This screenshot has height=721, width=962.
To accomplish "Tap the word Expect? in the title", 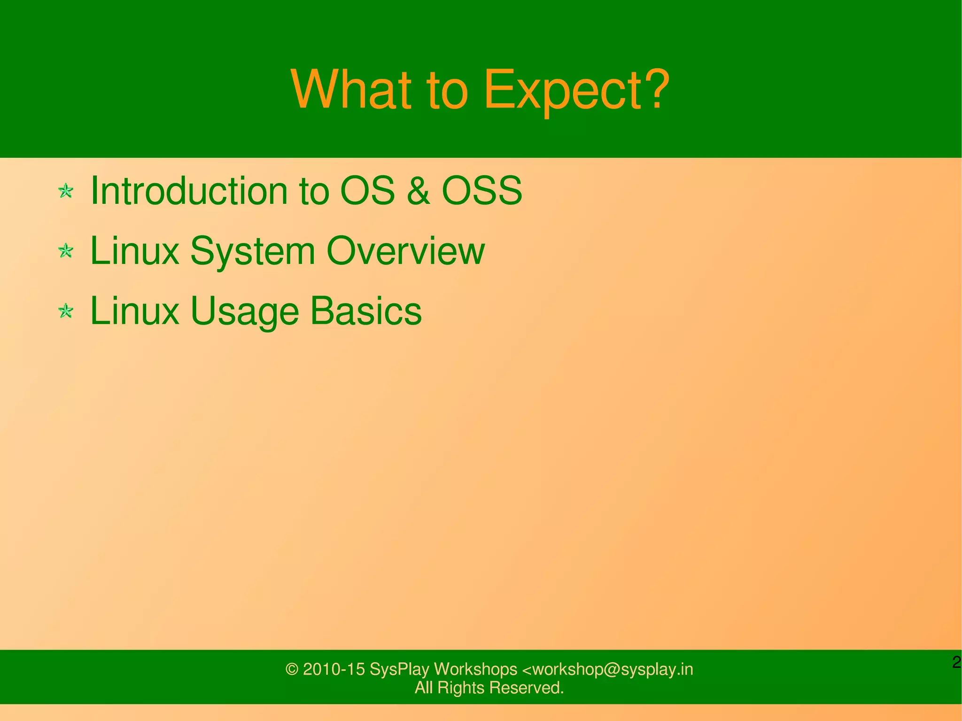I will [x=576, y=90].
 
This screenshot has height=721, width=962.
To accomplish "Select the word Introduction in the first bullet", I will [x=188, y=190].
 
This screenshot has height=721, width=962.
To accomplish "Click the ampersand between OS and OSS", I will [x=418, y=191].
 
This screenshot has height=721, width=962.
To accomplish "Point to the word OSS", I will [x=482, y=190].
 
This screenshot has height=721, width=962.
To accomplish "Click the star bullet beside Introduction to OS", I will [x=66, y=191].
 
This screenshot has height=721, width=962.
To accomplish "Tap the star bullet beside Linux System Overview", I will [x=66, y=251].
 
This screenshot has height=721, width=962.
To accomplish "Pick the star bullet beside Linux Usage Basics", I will [x=66, y=311].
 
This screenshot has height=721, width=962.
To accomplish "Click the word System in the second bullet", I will [x=252, y=252].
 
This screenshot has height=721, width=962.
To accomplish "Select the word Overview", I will [x=405, y=251].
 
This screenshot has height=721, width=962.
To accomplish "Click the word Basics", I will [x=366, y=311].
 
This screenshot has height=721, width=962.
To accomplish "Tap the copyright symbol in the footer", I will [x=292, y=669].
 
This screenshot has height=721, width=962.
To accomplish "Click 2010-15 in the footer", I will [x=334, y=669].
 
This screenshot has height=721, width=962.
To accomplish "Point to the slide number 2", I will [x=956, y=663].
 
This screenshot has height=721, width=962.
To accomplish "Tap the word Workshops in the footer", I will [x=475, y=669].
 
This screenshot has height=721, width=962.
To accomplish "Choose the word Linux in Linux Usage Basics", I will [x=134, y=311].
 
